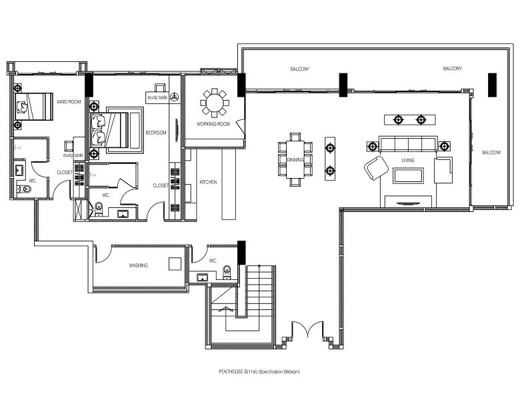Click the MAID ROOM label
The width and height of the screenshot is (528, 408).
(69, 101)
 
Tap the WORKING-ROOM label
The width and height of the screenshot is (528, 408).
(213, 124)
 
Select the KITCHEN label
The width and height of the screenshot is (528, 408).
(208, 182)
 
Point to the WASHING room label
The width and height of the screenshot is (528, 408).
(139, 265)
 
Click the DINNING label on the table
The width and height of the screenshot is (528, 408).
(295, 160)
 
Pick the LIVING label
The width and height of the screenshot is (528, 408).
(408, 161)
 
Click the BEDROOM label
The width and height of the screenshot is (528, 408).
(156, 133)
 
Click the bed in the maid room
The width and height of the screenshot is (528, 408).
(34, 107)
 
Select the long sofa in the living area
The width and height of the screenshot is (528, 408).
(408, 145)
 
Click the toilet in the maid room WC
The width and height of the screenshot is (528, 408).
(24, 190)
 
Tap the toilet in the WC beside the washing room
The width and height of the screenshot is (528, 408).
(227, 272)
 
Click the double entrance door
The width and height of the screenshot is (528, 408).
(307, 329)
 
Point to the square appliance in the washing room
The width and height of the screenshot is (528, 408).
(175, 264)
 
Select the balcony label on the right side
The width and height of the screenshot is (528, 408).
(491, 153)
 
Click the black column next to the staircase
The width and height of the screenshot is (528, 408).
(242, 253)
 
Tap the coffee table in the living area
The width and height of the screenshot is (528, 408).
(408, 176)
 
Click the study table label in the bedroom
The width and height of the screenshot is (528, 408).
(157, 97)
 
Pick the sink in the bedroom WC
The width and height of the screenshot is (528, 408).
(123, 213)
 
